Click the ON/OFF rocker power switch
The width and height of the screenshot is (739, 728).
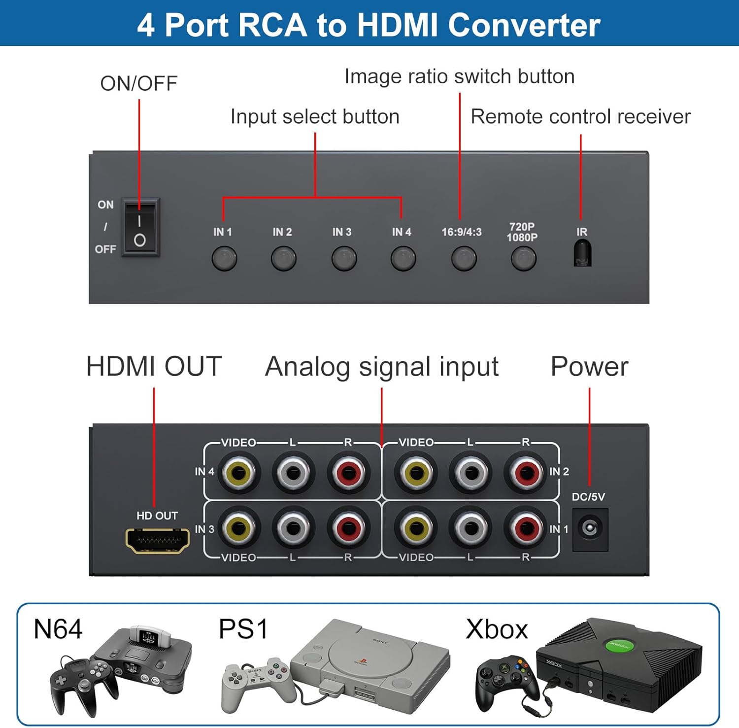pos(140,228)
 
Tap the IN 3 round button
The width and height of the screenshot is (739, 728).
pos(344,258)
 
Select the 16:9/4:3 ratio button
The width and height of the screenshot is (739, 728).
pos(464,258)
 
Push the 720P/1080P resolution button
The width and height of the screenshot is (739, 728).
pos(523,258)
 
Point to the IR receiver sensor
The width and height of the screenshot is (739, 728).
pos(582,253)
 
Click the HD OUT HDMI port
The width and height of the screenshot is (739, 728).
pos(158,540)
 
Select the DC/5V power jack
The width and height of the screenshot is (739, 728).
pos(590,529)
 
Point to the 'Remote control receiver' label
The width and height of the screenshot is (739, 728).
pos(580,117)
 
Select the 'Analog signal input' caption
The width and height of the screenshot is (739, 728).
pos(382,367)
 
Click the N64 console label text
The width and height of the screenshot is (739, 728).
pos(58,629)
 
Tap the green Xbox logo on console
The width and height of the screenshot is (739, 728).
pos(620,645)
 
